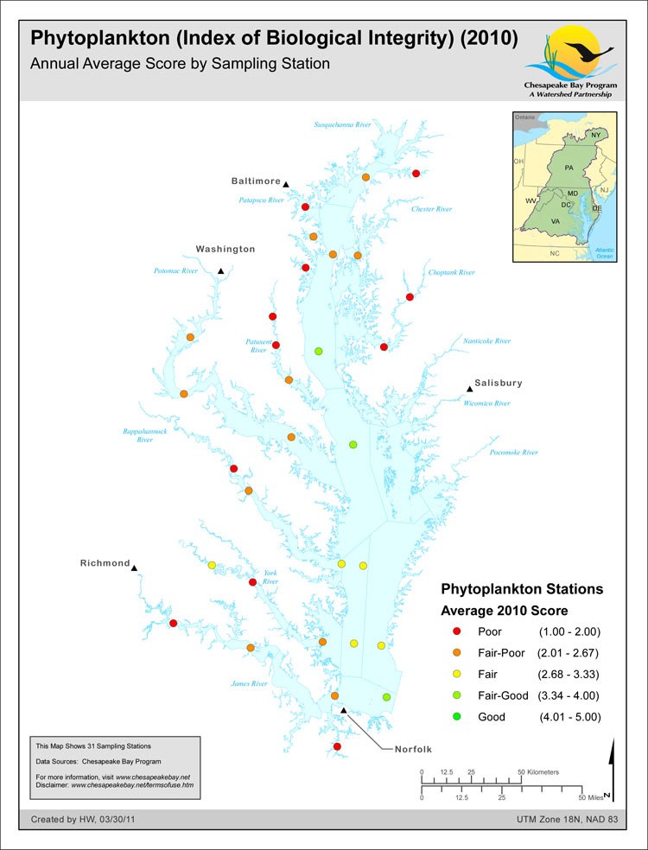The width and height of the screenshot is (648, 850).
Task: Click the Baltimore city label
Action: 256,181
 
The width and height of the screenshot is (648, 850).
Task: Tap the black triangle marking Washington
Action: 221,271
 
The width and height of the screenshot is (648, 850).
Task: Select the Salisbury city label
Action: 499,383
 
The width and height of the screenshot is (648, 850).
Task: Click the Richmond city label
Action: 105,563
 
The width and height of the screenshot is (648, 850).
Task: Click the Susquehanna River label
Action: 342,125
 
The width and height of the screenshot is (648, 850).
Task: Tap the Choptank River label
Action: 452,273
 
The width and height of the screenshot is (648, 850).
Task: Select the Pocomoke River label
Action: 513,453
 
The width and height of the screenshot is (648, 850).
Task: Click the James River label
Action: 250,684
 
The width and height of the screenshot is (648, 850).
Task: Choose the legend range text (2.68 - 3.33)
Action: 569,675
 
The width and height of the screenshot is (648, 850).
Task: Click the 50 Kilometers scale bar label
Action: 537,771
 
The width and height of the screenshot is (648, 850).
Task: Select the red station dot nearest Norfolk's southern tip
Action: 337,746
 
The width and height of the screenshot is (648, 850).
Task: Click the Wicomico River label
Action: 486,403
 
